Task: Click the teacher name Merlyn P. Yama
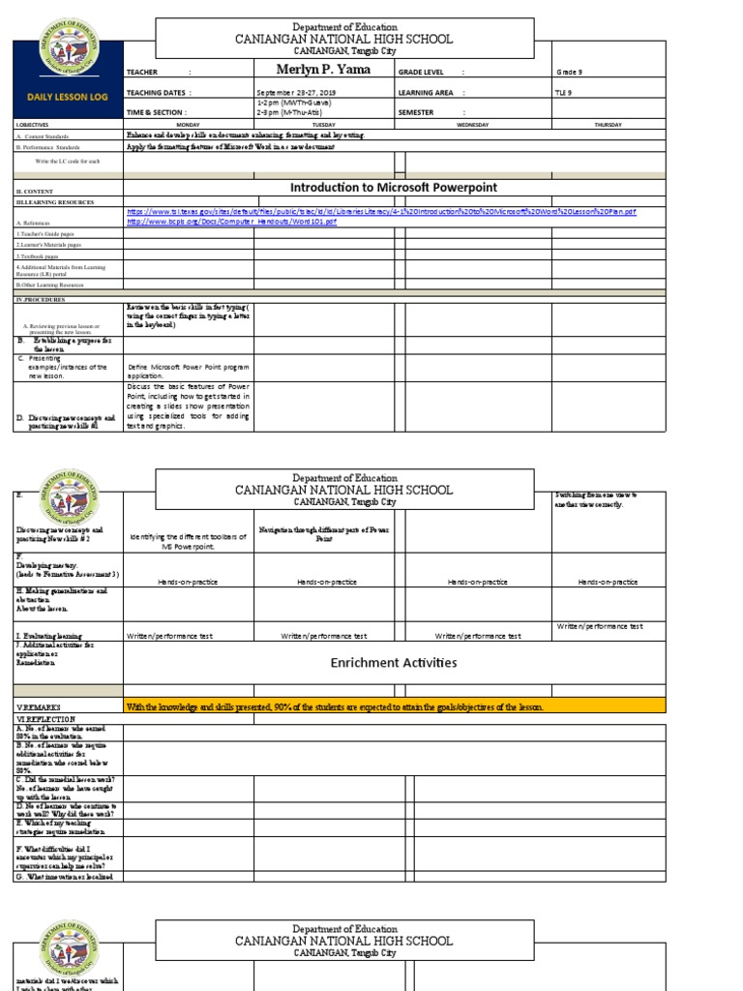point(319,69)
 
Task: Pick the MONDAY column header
point(187,125)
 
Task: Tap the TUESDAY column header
point(323,125)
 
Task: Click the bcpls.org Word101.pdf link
point(232,222)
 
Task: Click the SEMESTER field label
point(417,112)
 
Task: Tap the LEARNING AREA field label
point(426,93)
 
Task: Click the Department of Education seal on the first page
point(67,52)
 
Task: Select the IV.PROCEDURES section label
point(42,300)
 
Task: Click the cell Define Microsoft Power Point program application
point(188,372)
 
